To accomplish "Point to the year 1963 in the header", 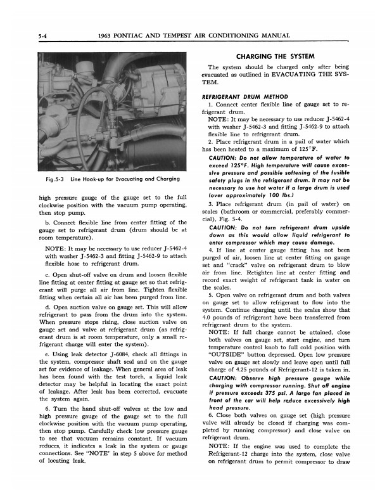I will (x=110, y=35).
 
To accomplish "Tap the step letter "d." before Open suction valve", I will (x=48, y=306).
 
